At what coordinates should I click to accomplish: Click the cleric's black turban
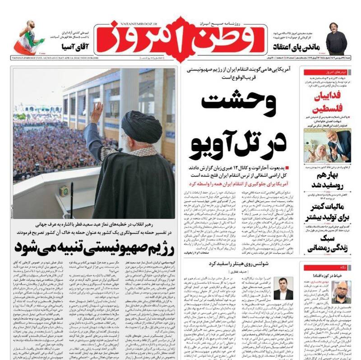(141, 127)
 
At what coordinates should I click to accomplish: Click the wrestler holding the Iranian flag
(29, 37)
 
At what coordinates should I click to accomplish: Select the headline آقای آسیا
(72, 47)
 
